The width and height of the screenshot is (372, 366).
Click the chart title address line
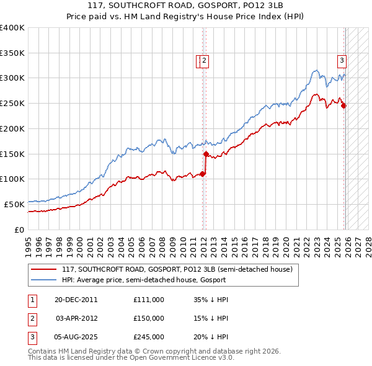(x=185, y=6)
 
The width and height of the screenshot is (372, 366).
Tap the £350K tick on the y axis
(x=12, y=53)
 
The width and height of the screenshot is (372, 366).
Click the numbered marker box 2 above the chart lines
(x=205, y=60)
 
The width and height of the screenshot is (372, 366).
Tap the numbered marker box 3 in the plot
(x=342, y=60)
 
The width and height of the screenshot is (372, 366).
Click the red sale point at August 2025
(x=344, y=105)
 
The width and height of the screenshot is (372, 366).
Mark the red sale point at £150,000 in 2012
(x=205, y=154)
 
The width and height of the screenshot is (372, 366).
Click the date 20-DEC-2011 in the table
(x=76, y=300)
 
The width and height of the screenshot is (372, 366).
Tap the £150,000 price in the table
(x=148, y=318)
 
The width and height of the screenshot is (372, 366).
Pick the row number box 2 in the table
(x=32, y=318)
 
